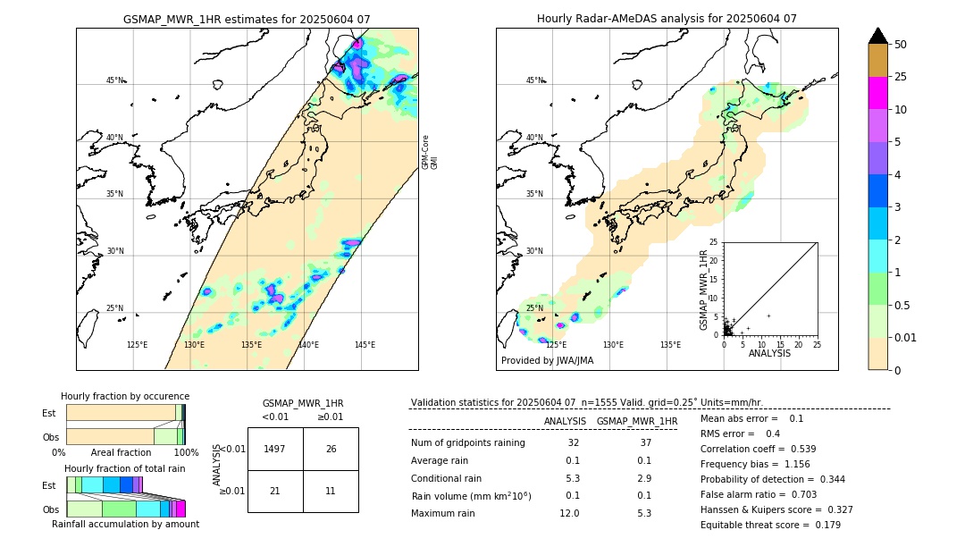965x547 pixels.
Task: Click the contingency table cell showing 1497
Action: [x=275, y=449]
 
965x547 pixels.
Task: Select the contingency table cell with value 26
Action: [x=331, y=449]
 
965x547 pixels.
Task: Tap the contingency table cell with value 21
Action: [x=275, y=492]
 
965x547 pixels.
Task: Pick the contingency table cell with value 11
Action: [x=331, y=492]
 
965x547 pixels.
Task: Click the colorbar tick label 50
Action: [x=901, y=45]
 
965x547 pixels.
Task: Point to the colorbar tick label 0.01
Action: [x=906, y=337]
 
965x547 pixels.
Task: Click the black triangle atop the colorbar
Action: [x=877, y=36]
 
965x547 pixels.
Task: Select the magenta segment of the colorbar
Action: [x=877, y=93]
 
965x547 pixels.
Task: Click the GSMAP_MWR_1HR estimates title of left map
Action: [x=247, y=19]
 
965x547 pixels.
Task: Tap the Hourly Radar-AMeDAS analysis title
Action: [x=667, y=19]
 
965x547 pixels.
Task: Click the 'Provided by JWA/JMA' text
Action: [x=547, y=361]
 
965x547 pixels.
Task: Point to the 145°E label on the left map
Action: [x=365, y=345]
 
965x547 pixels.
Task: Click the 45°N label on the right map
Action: [x=533, y=80]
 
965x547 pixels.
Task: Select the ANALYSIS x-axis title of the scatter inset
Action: [x=769, y=353]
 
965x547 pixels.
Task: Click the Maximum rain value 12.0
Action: [x=569, y=513]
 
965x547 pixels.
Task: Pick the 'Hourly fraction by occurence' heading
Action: [x=125, y=396]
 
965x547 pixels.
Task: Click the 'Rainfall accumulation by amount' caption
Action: [x=127, y=525]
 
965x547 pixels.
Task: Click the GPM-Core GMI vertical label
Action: [x=430, y=153]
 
